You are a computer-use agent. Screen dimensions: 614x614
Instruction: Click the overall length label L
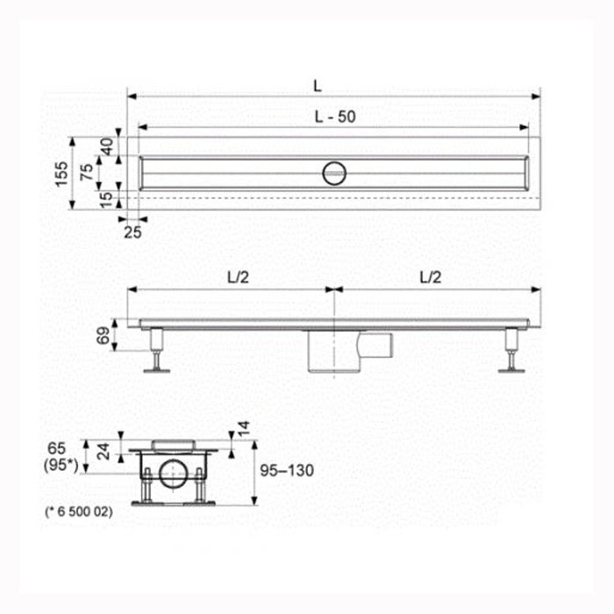(x=318, y=86)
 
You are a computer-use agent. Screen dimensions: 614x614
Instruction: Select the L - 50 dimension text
(x=335, y=117)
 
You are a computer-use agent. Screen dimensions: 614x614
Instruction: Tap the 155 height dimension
(x=61, y=174)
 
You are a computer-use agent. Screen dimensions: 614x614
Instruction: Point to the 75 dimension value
(x=87, y=172)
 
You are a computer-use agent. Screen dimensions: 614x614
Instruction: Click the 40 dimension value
(x=107, y=146)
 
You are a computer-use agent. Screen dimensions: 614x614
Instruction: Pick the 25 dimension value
(x=132, y=232)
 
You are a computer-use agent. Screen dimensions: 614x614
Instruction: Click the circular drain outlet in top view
(x=334, y=173)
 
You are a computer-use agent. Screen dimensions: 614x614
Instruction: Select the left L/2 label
(x=238, y=277)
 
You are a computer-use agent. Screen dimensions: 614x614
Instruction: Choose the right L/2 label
(x=431, y=277)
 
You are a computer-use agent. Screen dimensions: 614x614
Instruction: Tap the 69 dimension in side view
(x=104, y=336)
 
